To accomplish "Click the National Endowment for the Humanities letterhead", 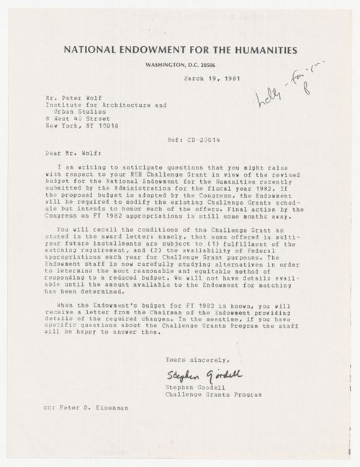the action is [180, 50].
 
